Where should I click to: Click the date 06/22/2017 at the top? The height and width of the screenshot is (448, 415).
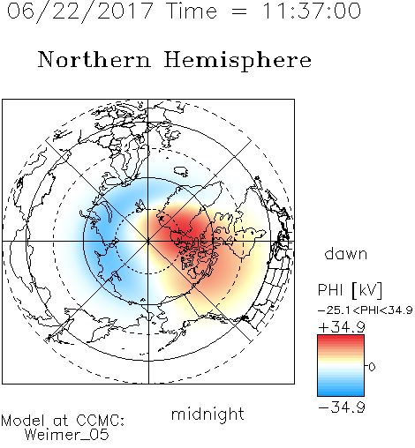coord(79,11)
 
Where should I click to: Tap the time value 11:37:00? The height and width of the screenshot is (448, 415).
coord(312,11)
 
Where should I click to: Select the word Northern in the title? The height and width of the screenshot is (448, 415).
coord(94,60)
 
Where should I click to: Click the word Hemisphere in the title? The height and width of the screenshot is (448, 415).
coord(238,61)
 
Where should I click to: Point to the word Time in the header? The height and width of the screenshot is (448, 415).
coord(192,11)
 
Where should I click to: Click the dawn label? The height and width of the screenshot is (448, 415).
coord(346,253)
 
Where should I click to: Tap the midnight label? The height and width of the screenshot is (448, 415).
coord(207,414)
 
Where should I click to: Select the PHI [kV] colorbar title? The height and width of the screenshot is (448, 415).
coord(350,290)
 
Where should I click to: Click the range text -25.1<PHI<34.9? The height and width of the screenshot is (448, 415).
coord(366,310)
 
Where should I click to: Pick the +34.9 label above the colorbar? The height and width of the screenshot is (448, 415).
coord(342,327)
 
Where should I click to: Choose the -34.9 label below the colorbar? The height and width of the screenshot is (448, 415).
coord(342,407)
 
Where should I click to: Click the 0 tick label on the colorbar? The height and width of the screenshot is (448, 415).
coord(372,367)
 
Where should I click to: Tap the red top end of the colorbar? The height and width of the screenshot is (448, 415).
coord(341,337)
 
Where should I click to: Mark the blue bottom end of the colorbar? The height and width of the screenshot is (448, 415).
coord(341,394)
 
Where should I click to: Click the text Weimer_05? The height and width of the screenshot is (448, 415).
coord(67,435)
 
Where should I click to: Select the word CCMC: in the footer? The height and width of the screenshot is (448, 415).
coord(100,421)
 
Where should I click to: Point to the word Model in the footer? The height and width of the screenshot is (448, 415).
coord(23,421)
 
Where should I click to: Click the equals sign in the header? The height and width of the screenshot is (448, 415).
coord(239,12)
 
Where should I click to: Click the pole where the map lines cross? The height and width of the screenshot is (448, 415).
coord(148,241)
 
